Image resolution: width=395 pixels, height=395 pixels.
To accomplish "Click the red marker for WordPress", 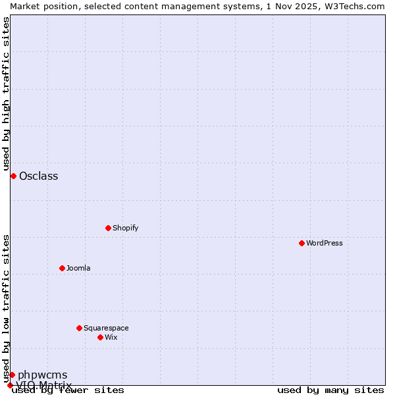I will pos(302,243).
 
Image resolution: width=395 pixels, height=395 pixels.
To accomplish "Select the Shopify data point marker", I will pos(109,228).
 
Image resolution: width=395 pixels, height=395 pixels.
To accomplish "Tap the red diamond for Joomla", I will pos(63,268).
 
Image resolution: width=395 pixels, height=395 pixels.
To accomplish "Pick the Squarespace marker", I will pos(80,328).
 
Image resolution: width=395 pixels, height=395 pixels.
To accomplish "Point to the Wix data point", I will pos(101,337).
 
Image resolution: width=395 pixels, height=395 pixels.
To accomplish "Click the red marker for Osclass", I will pos(13,176).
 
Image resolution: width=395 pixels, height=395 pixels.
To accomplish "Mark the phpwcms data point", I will pos(12,375).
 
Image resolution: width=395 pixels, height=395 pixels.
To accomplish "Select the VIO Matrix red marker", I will pos(10,385).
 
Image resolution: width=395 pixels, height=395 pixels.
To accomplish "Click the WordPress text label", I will pos(325,243).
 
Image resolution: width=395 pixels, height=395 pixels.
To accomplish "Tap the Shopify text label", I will pos(125,228).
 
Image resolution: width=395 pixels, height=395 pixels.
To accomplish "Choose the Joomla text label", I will pos(78,268).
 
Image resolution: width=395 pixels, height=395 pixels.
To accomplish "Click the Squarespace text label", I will pos(106,328).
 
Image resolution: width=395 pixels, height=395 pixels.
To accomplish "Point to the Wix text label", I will pos(111,337).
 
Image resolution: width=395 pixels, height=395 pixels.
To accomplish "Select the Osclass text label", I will pos(39,176).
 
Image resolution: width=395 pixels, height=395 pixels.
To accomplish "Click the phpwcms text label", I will pos(43,375).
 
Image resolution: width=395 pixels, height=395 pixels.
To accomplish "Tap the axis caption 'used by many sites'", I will pos(330,390).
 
